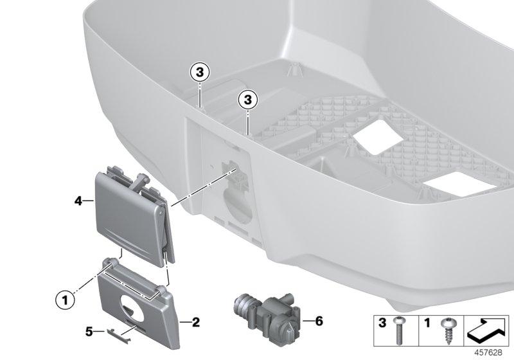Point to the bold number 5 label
tap(90, 332)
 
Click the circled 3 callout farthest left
tap(200, 73)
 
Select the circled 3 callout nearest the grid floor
tap(247, 100)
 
